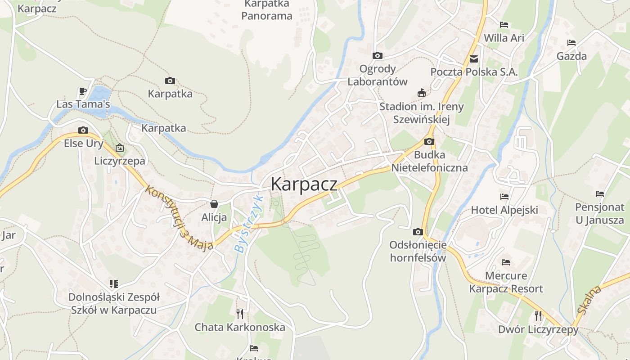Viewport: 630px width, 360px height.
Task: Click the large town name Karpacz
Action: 304,184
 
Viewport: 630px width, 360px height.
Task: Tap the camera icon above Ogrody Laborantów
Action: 378,56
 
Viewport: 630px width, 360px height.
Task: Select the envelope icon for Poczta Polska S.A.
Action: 474,59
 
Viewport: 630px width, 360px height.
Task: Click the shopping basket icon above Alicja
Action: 214,204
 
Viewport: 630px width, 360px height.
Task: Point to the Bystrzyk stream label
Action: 248,223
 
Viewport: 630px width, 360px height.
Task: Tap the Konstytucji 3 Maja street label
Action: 179,218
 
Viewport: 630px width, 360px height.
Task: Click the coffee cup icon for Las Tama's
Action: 83,91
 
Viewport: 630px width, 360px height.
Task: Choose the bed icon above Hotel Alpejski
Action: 504,197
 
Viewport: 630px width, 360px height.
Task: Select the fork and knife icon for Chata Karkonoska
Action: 240,314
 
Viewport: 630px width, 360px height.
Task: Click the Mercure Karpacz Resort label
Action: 506,282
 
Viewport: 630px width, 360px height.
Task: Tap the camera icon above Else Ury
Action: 83,130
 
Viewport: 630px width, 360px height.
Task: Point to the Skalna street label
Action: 589,301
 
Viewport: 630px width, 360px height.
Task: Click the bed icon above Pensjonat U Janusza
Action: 600,194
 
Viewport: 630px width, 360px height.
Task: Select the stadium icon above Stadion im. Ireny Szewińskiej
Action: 422,93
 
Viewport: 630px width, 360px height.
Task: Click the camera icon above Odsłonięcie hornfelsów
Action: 418,232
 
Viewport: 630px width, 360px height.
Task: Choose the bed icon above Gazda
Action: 571,43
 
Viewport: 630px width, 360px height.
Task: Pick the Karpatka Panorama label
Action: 267,10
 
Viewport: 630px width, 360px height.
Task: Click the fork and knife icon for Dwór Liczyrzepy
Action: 538,315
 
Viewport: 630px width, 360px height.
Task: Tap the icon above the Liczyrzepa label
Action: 120,148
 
